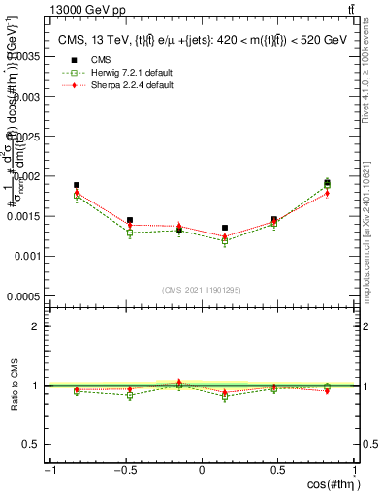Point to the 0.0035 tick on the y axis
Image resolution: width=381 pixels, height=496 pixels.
click(x=23, y=57)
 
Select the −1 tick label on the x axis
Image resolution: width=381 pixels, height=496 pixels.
click(x=48, y=470)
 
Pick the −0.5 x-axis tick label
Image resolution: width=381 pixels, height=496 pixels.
click(x=123, y=470)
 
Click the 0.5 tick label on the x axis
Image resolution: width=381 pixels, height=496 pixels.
click(x=278, y=470)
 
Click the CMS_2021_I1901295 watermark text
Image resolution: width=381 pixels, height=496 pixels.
click(x=202, y=290)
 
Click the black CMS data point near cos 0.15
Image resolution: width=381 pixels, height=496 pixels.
click(x=225, y=228)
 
